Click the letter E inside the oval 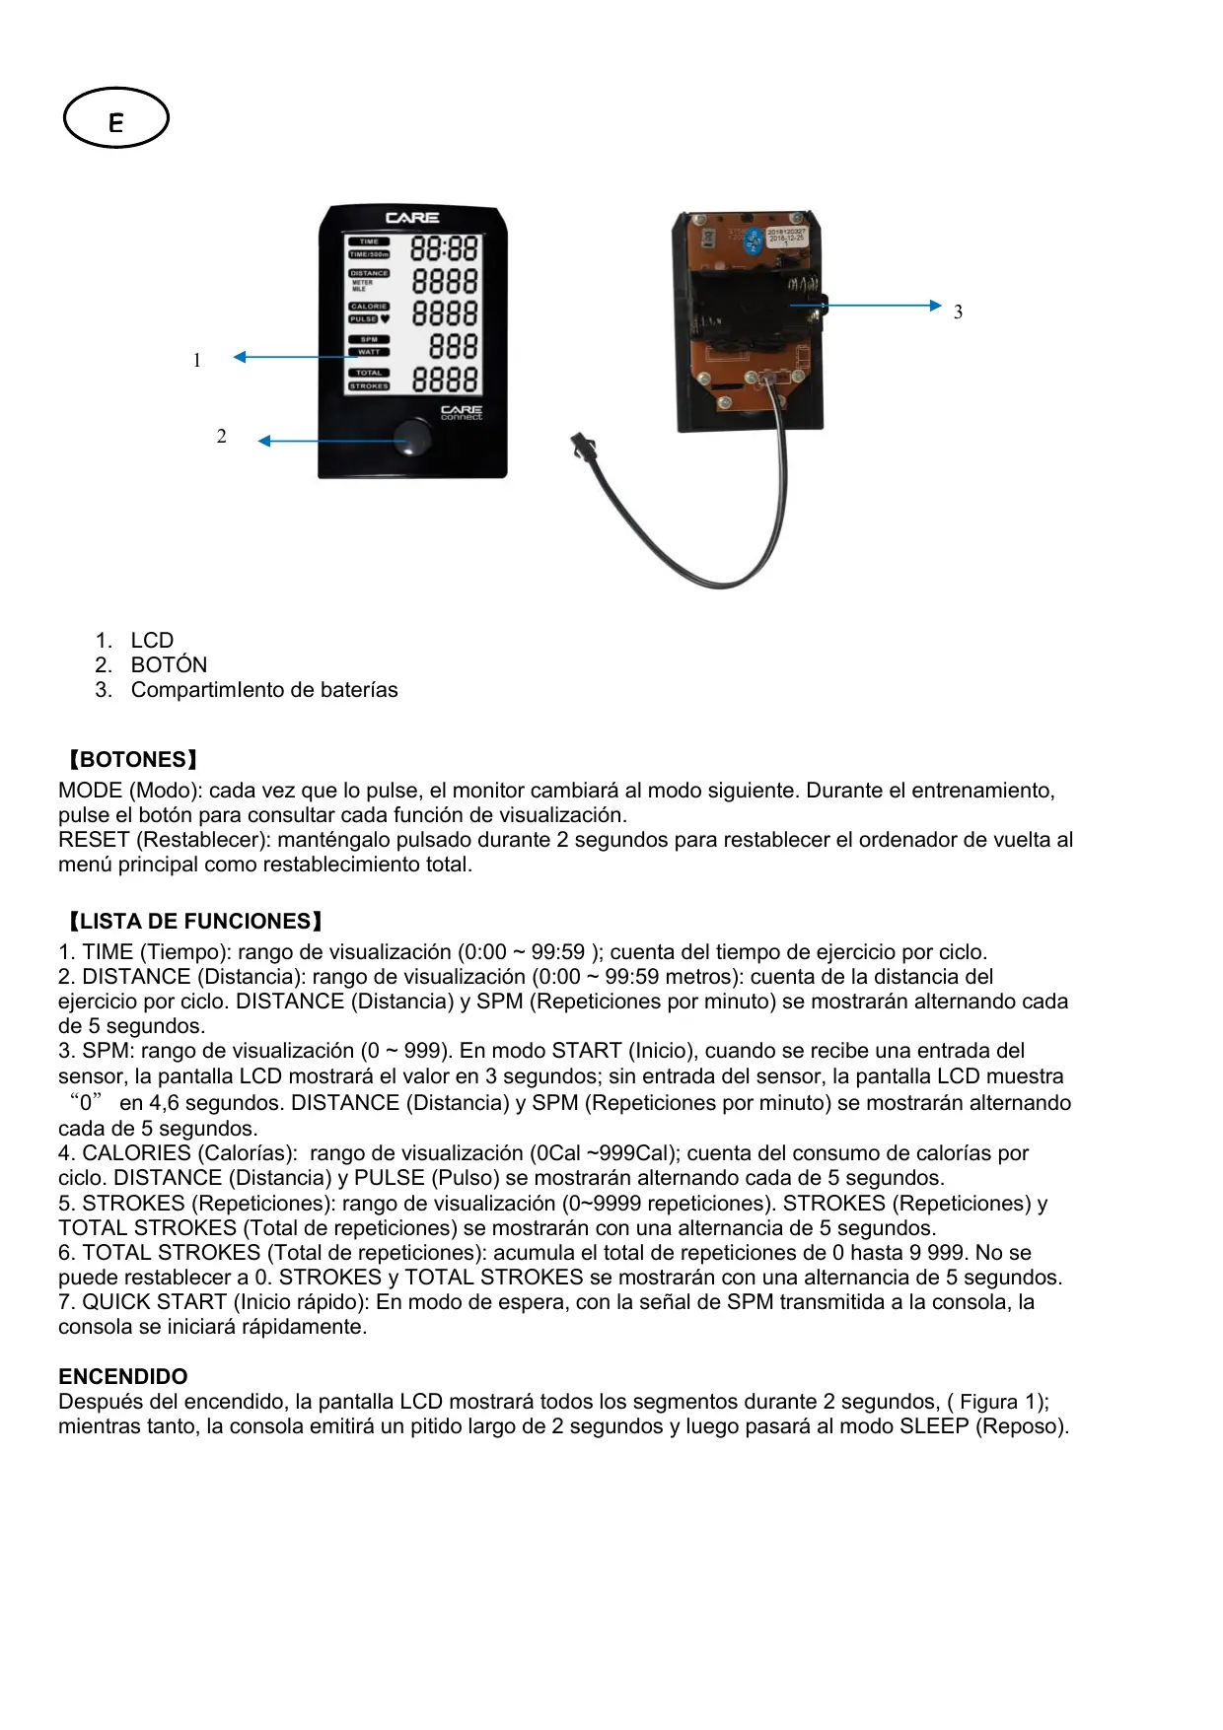point(116,122)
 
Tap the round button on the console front point(412,438)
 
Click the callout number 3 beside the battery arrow point(958,312)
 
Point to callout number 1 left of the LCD point(197,361)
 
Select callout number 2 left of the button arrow point(222,437)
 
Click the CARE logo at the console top point(412,218)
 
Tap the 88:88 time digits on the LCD point(444,248)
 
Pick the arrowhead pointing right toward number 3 point(935,306)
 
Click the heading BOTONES point(132,760)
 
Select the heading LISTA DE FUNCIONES point(194,922)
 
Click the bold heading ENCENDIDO point(123,1376)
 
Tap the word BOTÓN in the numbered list point(169,665)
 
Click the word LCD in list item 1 point(152,641)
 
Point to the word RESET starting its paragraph point(94,840)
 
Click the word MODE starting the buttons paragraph point(91,791)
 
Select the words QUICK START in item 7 point(155,1302)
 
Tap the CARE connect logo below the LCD point(461,412)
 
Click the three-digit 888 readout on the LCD point(453,347)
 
